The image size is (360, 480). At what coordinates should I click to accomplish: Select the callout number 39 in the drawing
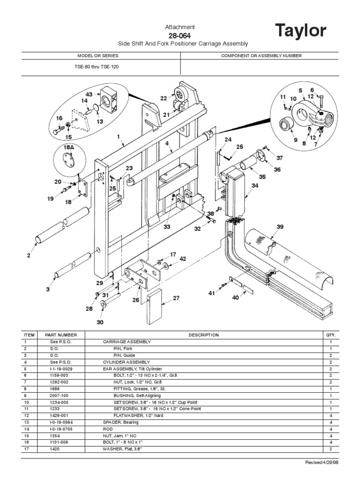[280, 226]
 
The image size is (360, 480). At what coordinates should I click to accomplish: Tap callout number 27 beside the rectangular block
[176, 298]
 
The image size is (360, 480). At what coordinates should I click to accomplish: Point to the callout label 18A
[69, 147]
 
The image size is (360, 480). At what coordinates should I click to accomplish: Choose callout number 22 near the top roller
[164, 98]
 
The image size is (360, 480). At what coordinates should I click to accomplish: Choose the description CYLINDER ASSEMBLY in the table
[127, 362]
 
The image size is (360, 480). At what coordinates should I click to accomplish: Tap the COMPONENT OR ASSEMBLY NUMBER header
[261, 56]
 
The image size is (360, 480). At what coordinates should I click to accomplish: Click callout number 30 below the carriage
[99, 322]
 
